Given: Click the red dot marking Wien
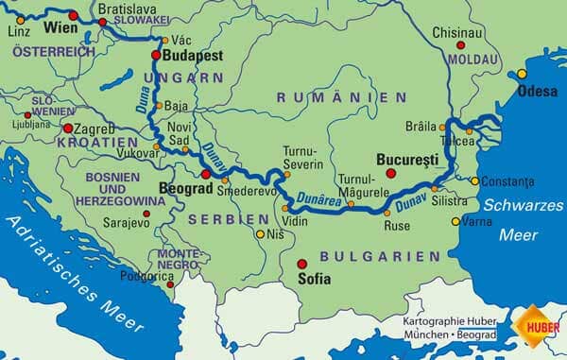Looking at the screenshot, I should click(x=73, y=16).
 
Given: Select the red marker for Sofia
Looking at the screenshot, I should click(x=301, y=265).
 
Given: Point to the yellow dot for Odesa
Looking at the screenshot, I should click(x=521, y=74).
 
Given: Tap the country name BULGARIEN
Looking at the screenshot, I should click(x=368, y=256).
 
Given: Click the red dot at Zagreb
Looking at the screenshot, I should click(x=68, y=128).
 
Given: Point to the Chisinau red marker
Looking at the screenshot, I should click(x=461, y=44).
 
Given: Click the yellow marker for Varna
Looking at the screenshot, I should click(x=455, y=222).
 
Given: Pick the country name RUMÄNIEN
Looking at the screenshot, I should click(x=341, y=97).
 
